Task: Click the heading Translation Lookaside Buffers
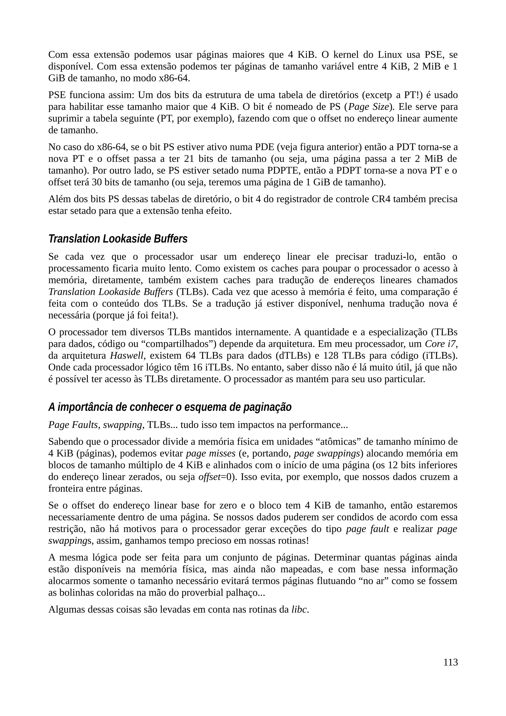[x=118, y=239]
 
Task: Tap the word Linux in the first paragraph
[x=390, y=55]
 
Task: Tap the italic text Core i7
[x=441, y=344]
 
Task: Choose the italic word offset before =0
[x=209, y=477]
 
